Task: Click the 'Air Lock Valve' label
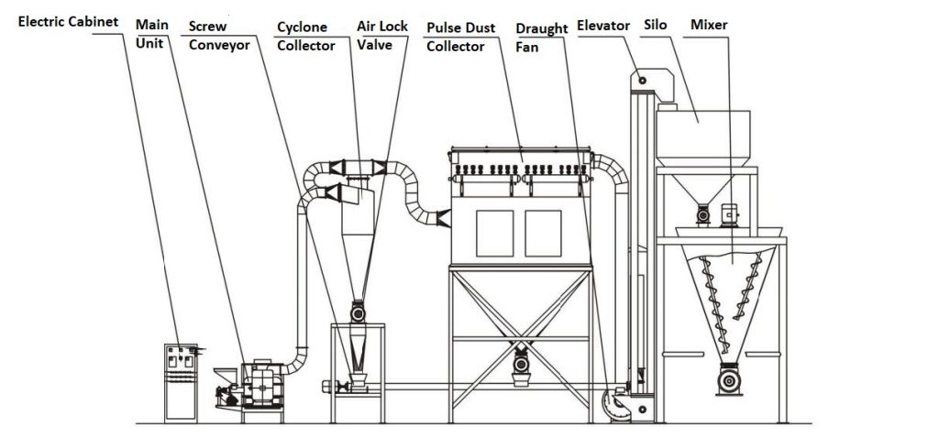pyautogui.click(x=381, y=35)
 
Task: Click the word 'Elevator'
pyautogui.click(x=603, y=26)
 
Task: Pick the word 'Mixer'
pyautogui.click(x=709, y=25)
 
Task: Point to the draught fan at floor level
pyautogui.click(x=613, y=403)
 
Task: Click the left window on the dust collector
pyautogui.click(x=494, y=233)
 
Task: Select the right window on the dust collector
pyautogui.click(x=543, y=233)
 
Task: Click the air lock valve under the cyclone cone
pyautogui.click(x=357, y=312)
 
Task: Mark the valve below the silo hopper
pyautogui.click(x=703, y=214)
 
